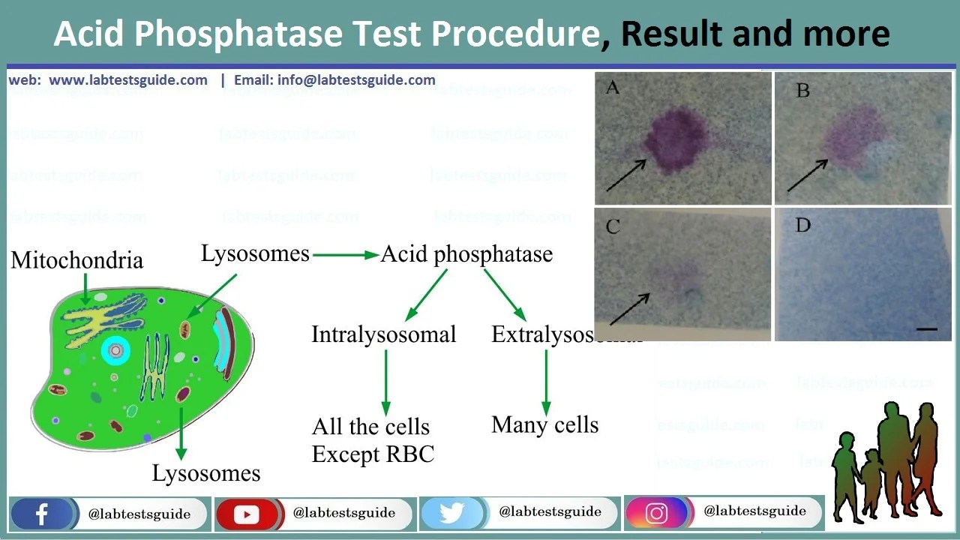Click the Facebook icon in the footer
41,514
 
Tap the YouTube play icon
246,514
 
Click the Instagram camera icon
656,513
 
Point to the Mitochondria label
76,260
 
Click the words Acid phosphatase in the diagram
466,254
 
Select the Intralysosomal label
383,334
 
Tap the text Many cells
544,425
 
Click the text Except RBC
373,454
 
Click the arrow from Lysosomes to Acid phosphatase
345,255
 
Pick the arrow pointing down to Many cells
545,382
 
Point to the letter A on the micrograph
613,88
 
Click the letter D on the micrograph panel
802,226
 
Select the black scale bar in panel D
926,328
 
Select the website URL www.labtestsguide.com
128,80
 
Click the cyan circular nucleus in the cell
115,350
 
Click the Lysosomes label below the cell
206,473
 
